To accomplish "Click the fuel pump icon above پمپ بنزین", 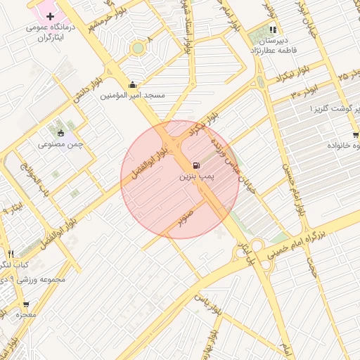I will pyautogui.click(x=194, y=166).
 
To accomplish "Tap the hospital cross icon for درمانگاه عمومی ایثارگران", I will pyautogui.click(x=49, y=15).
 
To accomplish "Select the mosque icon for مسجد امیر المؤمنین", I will pyautogui.click(x=132, y=84).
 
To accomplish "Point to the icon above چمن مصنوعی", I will pyautogui.click(x=60, y=133).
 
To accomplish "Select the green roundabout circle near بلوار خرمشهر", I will pyautogui.click(x=138, y=48).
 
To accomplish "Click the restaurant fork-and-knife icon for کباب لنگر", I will pyautogui.click(x=11, y=254).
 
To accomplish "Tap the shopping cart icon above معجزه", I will pyautogui.click(x=26, y=305).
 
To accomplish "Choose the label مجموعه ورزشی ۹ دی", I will pyautogui.click(x=34, y=279).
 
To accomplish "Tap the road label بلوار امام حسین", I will pyautogui.click(x=295, y=190).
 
